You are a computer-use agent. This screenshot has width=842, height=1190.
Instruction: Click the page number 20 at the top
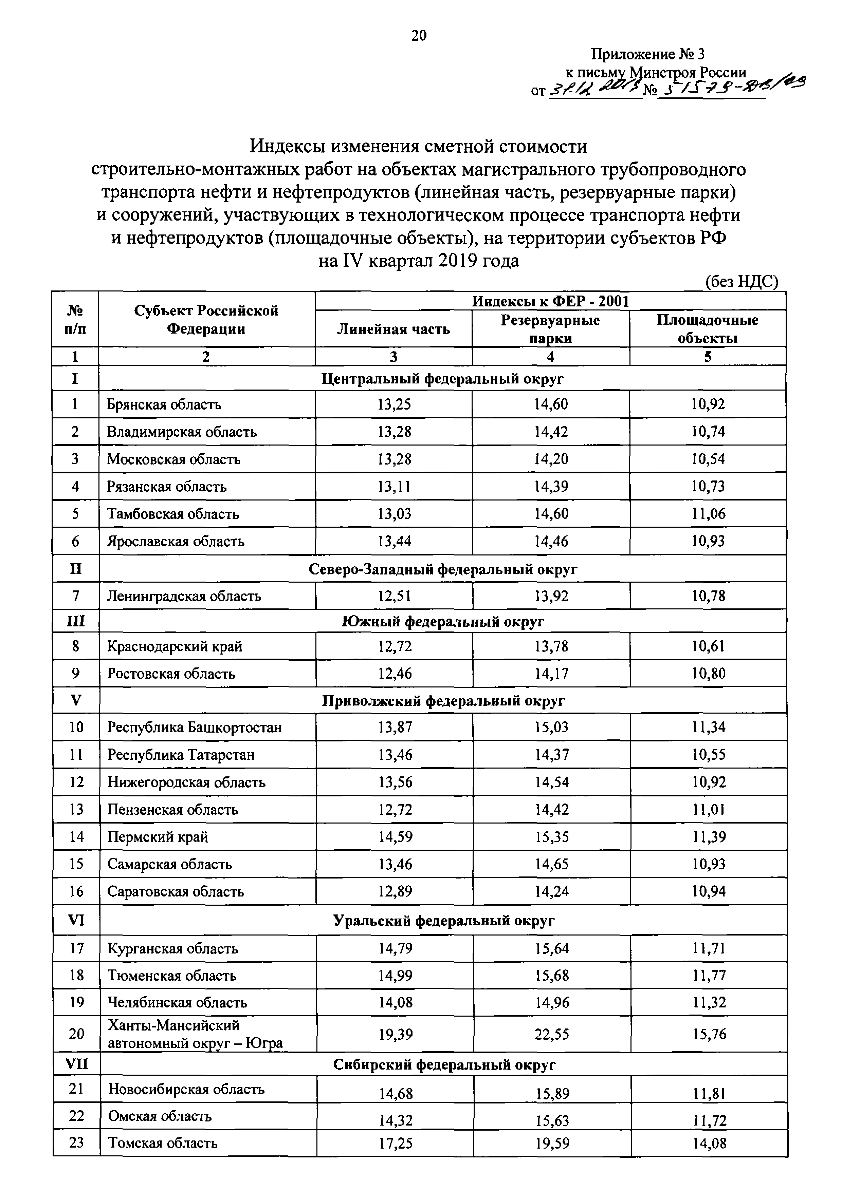[419, 35]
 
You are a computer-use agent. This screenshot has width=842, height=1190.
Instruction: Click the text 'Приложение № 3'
[648, 54]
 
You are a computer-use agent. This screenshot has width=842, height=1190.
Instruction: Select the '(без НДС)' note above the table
[742, 281]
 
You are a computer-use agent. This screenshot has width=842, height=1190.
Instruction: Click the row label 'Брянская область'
[164, 404]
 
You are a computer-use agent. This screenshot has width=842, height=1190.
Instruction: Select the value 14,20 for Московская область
[551, 459]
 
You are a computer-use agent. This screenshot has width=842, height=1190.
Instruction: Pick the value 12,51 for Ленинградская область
[394, 596]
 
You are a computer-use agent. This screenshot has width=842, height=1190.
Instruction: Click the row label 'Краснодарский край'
[175, 646]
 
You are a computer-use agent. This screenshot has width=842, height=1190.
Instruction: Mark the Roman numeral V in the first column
[76, 700]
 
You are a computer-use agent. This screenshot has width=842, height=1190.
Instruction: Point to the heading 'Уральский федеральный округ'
[443, 921]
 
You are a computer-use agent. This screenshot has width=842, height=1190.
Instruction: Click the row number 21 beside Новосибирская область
[76, 1089]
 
